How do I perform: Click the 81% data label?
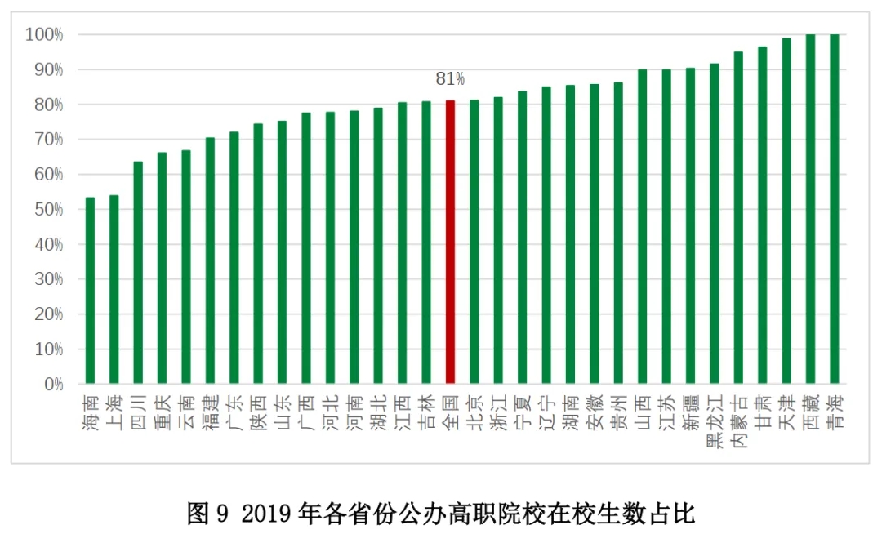click(450, 79)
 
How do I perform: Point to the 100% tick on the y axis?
click(44, 34)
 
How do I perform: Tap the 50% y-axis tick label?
click(48, 210)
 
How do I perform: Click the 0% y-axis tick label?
click(53, 385)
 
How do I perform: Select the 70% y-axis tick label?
click(48, 140)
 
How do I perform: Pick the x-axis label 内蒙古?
click(739, 416)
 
